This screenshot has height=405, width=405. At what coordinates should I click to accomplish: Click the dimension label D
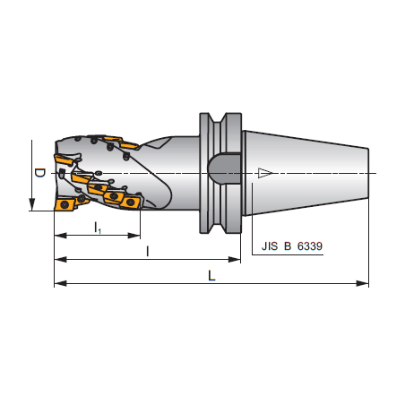click(x=40, y=173)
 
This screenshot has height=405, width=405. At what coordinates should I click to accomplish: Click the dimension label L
click(x=211, y=276)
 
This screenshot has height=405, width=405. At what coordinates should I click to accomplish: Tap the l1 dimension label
click(x=98, y=228)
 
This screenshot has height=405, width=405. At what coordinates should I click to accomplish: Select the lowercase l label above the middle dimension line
click(x=147, y=252)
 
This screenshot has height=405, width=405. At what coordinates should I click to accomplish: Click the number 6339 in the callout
click(x=310, y=246)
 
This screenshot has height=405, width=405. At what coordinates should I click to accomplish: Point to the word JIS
click(x=270, y=246)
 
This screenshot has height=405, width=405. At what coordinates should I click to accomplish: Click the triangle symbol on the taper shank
click(x=264, y=173)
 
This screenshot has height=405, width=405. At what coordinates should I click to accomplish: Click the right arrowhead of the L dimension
click(x=363, y=283)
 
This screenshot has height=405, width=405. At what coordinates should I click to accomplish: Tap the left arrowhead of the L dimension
click(x=60, y=283)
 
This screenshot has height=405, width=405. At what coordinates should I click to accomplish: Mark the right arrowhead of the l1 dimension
click(x=134, y=236)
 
